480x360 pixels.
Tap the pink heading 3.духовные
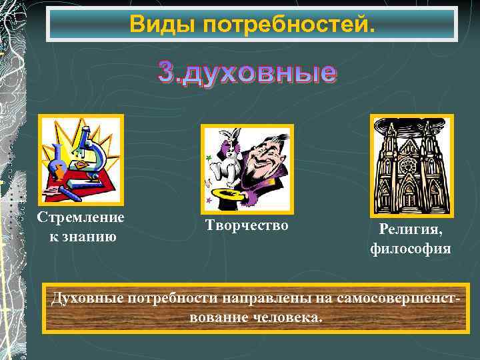click(x=247, y=73)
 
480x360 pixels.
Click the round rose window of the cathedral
click(x=411, y=163)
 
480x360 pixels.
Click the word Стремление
click(x=81, y=218)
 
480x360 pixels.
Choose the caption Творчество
click(x=247, y=226)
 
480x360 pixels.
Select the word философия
click(x=411, y=249)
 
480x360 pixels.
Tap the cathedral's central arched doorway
click(x=411, y=193)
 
